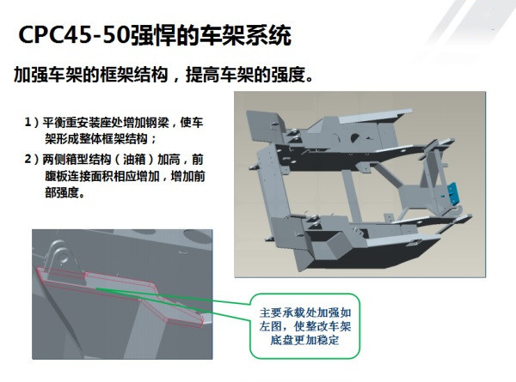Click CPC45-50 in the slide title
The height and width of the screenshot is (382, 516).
click(x=73, y=34)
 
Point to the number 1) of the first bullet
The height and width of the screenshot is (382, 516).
click(x=32, y=123)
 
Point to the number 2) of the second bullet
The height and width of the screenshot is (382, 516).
click(x=32, y=160)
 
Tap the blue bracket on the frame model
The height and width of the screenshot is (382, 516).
click(x=453, y=192)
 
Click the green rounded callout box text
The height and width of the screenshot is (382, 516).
click(x=304, y=325)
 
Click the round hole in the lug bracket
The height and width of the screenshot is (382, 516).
click(x=63, y=257)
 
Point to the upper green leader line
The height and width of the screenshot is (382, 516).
click(x=174, y=296)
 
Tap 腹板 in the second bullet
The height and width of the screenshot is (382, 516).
click(x=57, y=176)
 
